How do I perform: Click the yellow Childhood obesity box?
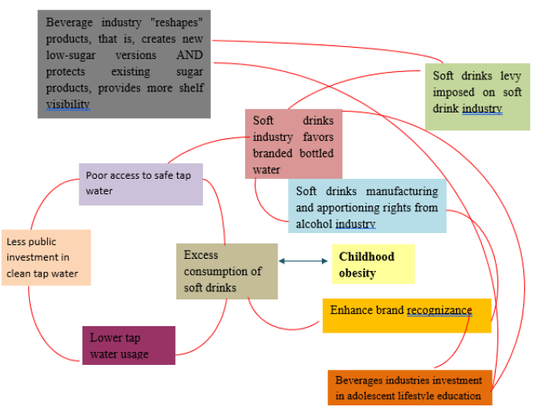[x=373, y=265]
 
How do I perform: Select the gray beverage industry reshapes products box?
[x=124, y=64]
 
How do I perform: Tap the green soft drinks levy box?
[x=477, y=95]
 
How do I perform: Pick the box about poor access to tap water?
[x=141, y=184]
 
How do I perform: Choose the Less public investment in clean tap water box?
[x=46, y=257]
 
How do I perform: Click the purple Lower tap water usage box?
[x=128, y=346]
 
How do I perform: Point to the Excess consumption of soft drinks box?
[x=226, y=271]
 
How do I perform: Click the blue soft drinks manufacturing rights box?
[x=366, y=206]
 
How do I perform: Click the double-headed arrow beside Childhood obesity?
[x=304, y=261]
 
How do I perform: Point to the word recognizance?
[x=438, y=310]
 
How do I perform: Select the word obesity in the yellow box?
[x=357, y=273]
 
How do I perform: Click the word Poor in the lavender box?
[x=96, y=175]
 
